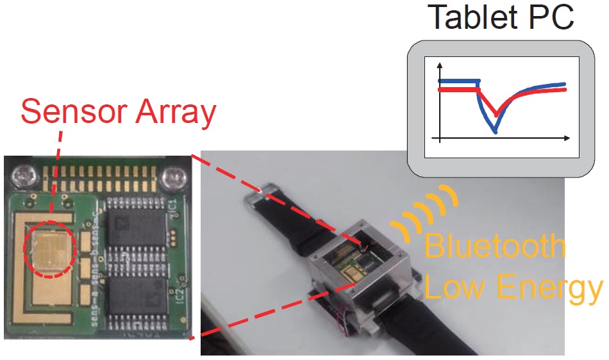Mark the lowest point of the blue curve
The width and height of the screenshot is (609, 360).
[x=494, y=131]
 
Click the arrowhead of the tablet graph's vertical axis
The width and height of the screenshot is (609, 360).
[x=439, y=65]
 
